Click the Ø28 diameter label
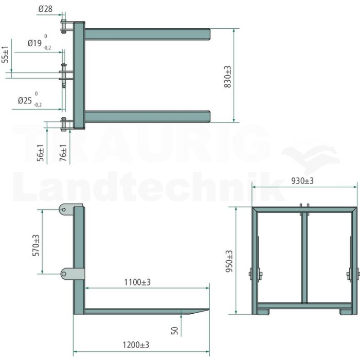[x=45, y=9]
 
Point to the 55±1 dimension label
[x=5, y=54]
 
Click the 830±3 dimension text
[x=227, y=77]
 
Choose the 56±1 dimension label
[x=40, y=153]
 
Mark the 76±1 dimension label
[x=63, y=153]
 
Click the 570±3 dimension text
[x=36, y=245]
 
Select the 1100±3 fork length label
[x=137, y=282]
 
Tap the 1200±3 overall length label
[x=136, y=345]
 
